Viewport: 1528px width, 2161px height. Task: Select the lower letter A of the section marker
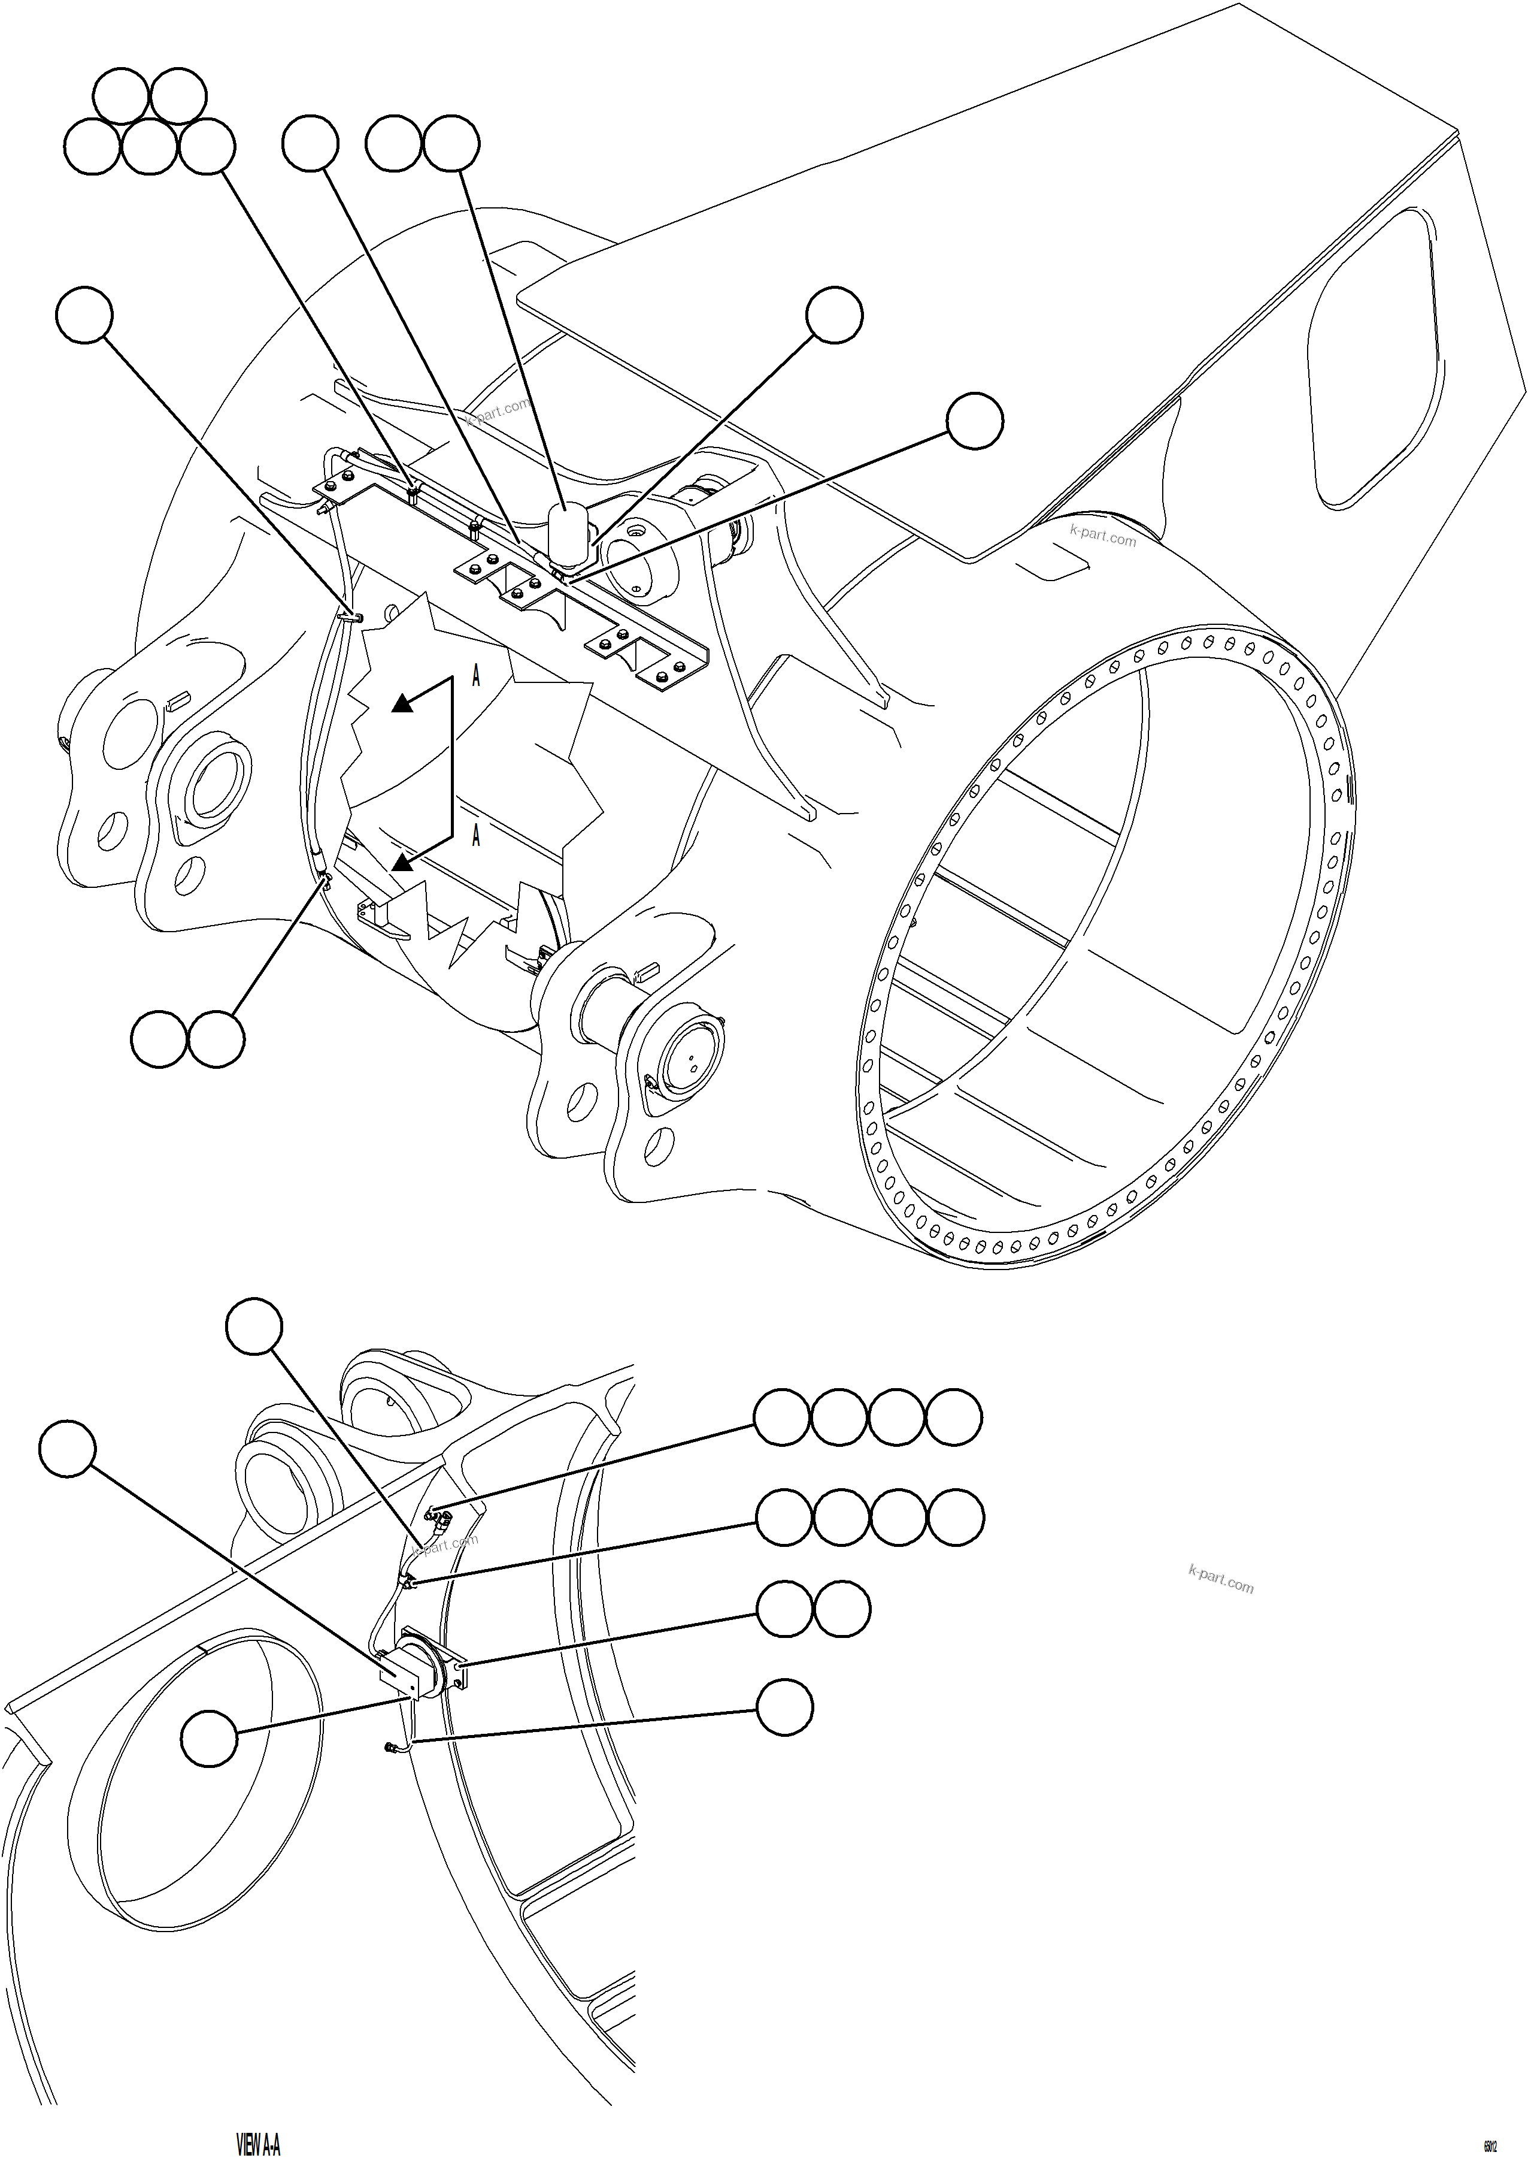coord(476,834)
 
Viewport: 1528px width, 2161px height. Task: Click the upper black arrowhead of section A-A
coord(403,702)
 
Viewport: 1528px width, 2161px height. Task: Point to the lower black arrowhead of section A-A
coord(403,861)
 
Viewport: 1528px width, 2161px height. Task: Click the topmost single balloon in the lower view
coord(254,1327)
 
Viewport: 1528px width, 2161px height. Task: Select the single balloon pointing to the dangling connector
coord(785,1707)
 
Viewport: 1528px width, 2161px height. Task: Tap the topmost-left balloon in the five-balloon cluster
coord(122,95)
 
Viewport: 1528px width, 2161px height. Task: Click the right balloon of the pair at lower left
coord(216,1039)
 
